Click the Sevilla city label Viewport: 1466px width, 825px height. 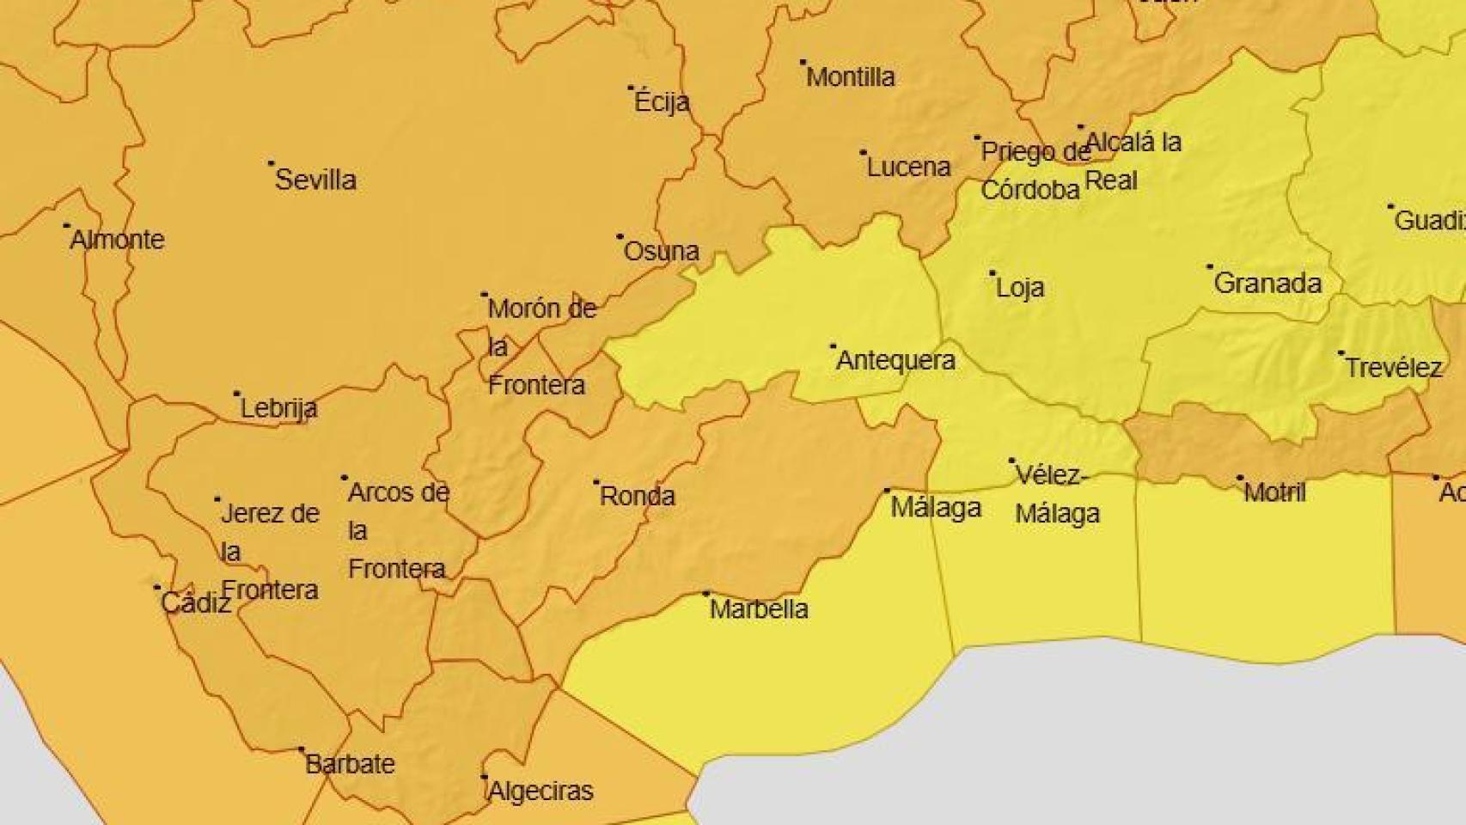click(315, 180)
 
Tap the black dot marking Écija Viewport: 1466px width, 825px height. click(631, 88)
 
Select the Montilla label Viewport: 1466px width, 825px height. click(851, 77)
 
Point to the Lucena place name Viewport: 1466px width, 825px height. click(908, 167)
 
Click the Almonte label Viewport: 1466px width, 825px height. click(117, 239)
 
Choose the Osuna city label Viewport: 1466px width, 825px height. click(661, 251)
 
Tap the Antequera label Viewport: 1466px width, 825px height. click(895, 359)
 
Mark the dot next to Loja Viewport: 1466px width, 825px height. click(992, 273)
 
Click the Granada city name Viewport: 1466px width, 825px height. click(1267, 283)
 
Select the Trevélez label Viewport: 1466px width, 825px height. click(1393, 368)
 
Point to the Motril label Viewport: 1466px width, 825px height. click(1274, 492)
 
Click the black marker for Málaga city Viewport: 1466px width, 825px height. click(888, 491)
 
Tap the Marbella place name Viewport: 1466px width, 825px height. click(759, 608)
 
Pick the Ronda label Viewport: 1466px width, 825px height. click(637, 496)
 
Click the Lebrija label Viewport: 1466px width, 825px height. click(278, 407)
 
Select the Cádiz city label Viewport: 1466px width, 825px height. click(196, 602)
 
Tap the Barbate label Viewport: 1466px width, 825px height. click(350, 764)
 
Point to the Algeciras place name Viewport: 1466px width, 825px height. click(541, 791)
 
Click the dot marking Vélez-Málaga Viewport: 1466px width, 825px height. click(1011, 461)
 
